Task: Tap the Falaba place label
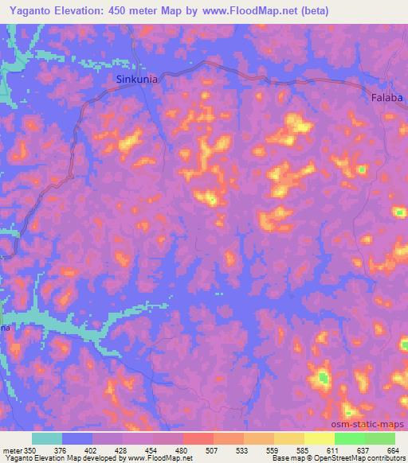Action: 388,98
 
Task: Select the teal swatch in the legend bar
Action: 47,438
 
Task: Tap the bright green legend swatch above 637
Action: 350,438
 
